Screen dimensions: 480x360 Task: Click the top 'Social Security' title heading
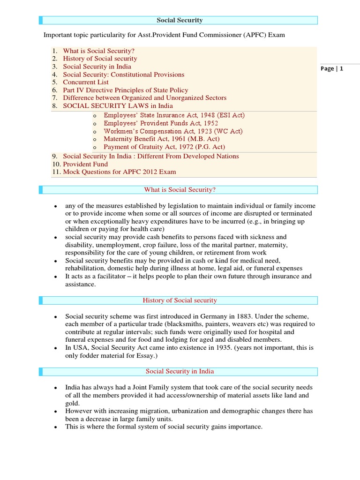tap(180, 20)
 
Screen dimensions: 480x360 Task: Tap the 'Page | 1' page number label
tap(332, 68)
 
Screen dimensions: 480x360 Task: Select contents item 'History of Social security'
tap(100, 59)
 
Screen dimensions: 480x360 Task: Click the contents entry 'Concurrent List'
tap(86, 82)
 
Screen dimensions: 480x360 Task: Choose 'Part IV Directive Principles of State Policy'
tap(126, 90)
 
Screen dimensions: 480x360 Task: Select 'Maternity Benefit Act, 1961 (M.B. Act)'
tap(161, 139)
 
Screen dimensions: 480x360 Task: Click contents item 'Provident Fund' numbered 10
tap(85, 164)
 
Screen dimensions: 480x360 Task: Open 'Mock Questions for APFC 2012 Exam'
tap(120, 172)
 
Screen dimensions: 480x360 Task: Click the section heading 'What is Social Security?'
tap(180, 190)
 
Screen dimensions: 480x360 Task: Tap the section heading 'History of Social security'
tap(180, 300)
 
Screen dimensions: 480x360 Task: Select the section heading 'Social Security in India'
tap(180, 371)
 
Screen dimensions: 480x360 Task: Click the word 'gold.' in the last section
tap(73, 403)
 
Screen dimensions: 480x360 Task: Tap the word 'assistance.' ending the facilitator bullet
tap(80, 285)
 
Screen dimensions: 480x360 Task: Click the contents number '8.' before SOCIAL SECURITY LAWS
tap(55, 106)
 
